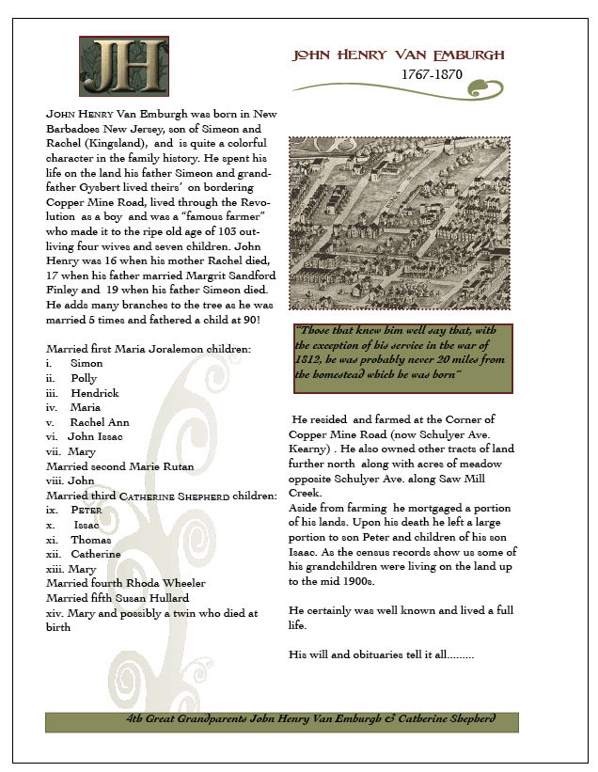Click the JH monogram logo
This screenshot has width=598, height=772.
click(x=123, y=66)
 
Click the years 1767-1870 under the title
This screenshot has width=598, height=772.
click(x=432, y=74)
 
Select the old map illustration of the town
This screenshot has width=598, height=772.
click(x=399, y=222)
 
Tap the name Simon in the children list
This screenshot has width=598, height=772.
click(x=87, y=363)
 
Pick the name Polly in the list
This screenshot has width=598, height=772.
click(x=84, y=378)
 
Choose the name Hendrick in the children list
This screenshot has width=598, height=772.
click(x=94, y=393)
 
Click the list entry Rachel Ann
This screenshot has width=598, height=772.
click(x=100, y=422)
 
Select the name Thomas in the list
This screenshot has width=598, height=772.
click(x=90, y=540)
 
